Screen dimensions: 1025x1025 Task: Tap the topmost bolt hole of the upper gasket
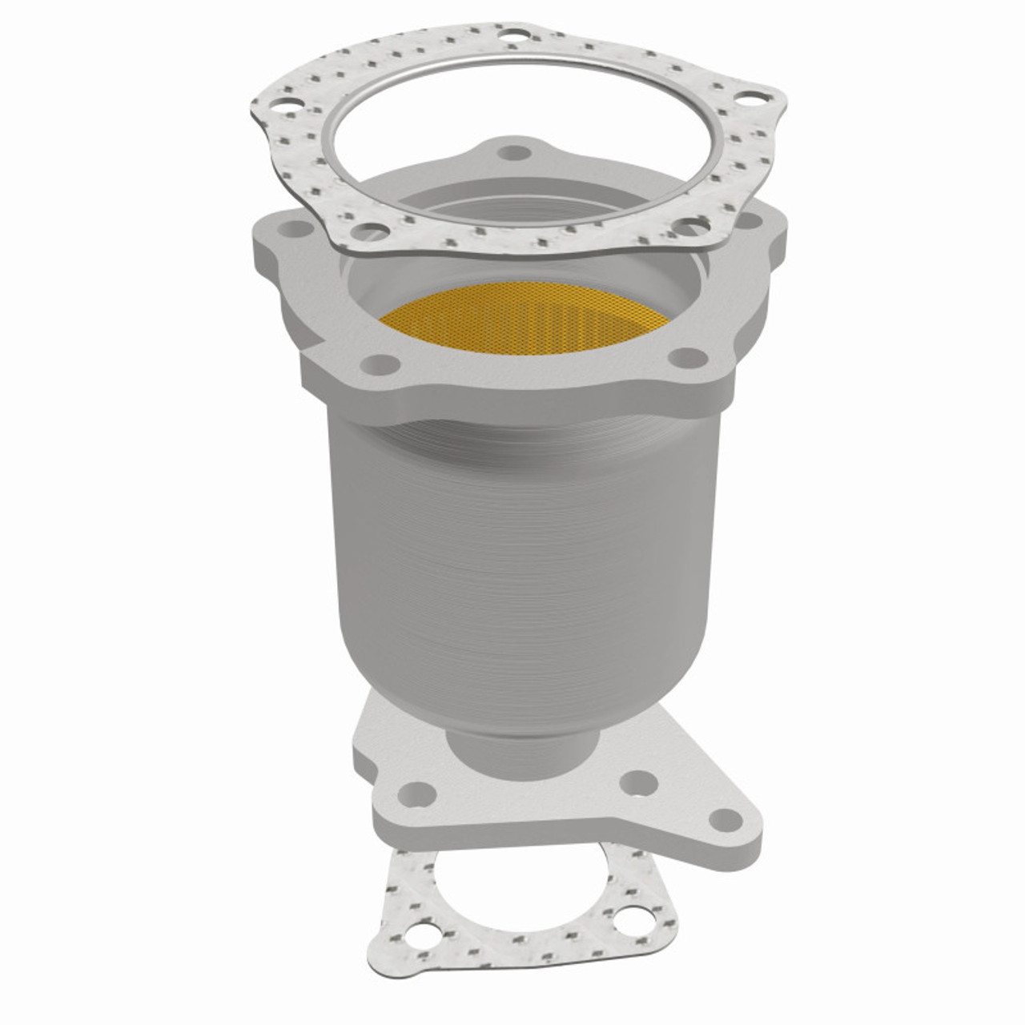click(509, 35)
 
